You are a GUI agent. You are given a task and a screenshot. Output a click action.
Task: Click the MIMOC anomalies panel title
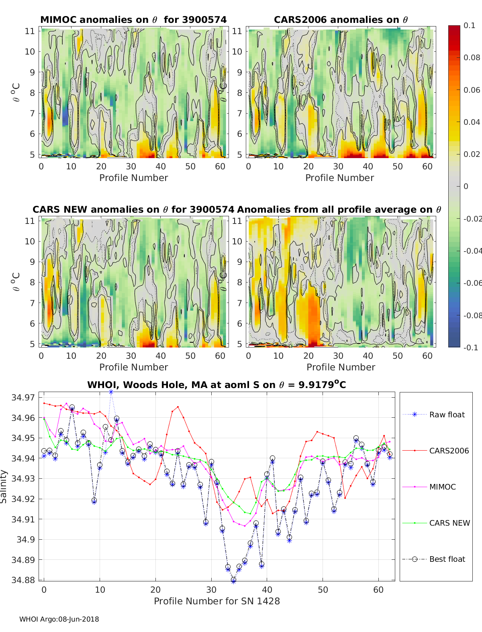pyautogui.click(x=133, y=20)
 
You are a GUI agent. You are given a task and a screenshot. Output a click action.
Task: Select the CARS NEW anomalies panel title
pyautogui.click(x=133, y=209)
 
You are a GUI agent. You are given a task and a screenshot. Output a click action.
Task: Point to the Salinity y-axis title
pyautogui.click(x=4, y=486)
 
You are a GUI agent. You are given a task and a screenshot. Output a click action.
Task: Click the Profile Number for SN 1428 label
pyautogui.click(x=216, y=601)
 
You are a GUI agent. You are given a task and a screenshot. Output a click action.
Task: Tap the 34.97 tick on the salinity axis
pyautogui.click(x=23, y=398)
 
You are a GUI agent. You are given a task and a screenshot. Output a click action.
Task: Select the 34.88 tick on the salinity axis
pyautogui.click(x=23, y=580)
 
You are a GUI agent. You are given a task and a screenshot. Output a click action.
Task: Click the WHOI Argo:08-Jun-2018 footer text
pyautogui.click(x=59, y=619)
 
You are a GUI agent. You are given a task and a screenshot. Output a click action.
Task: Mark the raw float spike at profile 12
pyautogui.click(x=111, y=392)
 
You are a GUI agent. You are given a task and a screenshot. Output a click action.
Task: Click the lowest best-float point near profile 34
pyautogui.click(x=233, y=580)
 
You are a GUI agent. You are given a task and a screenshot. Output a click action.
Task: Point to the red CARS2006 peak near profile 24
pyautogui.click(x=178, y=406)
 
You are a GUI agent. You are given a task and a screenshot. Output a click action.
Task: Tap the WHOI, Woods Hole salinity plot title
pyautogui.click(x=216, y=385)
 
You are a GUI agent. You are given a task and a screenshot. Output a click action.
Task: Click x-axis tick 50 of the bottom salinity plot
pyautogui.click(x=323, y=589)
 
